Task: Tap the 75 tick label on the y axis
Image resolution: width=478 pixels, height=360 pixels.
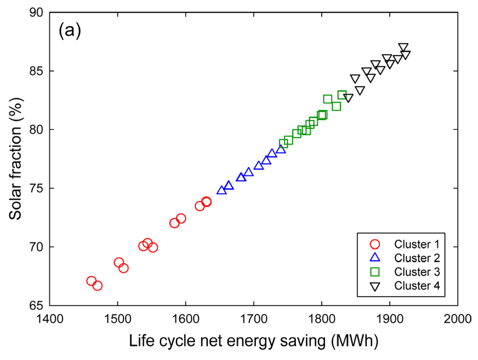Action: pyautogui.click(x=37, y=188)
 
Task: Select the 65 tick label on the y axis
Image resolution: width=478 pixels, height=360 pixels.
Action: pyautogui.click(x=37, y=305)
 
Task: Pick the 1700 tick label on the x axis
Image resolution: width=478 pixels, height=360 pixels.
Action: pyautogui.click(x=253, y=318)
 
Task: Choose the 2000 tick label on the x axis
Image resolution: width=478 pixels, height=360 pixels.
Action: pyautogui.click(x=457, y=318)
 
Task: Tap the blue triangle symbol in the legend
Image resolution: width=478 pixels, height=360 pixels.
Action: pyautogui.click(x=374, y=257)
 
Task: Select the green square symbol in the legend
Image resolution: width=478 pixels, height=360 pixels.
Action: pyautogui.click(x=374, y=271)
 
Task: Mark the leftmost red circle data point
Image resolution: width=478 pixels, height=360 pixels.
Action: pyautogui.click(x=91, y=281)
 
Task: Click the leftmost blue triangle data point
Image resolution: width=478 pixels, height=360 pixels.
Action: pyautogui.click(x=222, y=190)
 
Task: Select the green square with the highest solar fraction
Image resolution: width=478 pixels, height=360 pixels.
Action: pyautogui.click(x=342, y=95)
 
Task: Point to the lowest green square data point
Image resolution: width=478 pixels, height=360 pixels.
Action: pyautogui.click(x=284, y=143)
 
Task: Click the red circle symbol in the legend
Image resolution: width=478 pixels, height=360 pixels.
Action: pyautogui.click(x=374, y=243)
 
